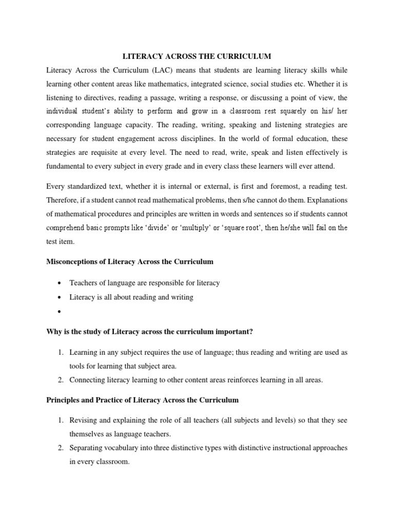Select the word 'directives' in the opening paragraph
(x=99, y=97)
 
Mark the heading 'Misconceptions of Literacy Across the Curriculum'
(x=129, y=261)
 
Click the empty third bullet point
(x=61, y=312)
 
